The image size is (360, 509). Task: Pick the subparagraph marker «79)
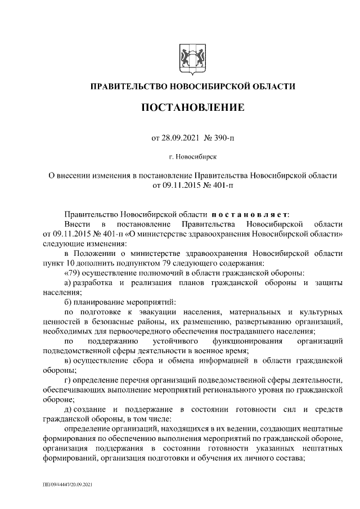pos(73,272)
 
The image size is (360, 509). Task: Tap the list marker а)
pos(68,281)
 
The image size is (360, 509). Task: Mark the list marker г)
pos(68,380)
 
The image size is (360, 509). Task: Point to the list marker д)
pos(68,409)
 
